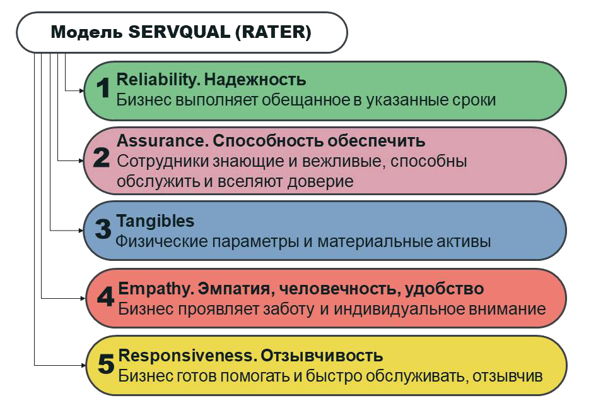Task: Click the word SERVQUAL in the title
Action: (179, 32)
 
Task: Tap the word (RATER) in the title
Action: (273, 32)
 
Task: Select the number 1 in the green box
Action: (103, 88)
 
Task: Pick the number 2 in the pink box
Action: (102, 157)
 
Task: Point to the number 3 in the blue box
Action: (103, 229)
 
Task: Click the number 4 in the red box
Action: (105, 296)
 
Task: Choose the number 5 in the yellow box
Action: (106, 363)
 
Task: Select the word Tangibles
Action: (155, 221)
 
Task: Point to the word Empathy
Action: (156, 289)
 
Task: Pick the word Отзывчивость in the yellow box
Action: (322, 356)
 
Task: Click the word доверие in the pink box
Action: (320, 181)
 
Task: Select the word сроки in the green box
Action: (474, 100)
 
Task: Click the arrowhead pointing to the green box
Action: (82, 90)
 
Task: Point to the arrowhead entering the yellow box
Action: (84, 365)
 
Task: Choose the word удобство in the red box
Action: (444, 289)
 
